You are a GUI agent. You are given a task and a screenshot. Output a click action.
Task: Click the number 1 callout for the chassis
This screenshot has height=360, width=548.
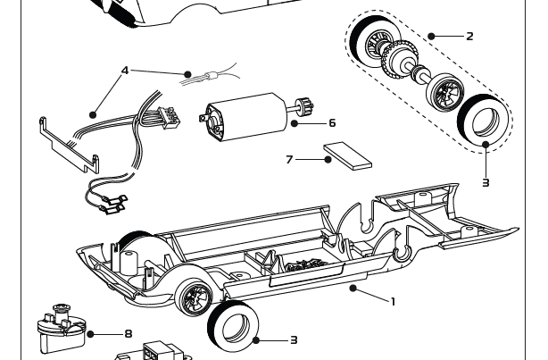pos(392,302)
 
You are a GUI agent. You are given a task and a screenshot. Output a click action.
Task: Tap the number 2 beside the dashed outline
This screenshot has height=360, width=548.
pos(469,37)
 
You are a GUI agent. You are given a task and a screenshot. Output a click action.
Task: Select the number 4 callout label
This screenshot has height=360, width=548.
pos(125,70)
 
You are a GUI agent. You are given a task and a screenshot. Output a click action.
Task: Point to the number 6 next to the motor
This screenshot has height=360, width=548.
pos(332,123)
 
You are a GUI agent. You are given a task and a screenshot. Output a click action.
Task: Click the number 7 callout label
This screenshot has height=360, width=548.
pos(289,160)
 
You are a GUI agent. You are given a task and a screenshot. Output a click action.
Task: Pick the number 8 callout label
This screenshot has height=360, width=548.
pos(128,334)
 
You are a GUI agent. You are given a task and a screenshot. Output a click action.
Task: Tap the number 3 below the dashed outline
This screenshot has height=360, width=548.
pos(486,183)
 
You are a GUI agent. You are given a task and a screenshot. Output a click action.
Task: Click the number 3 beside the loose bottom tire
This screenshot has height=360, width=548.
pos(293,340)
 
